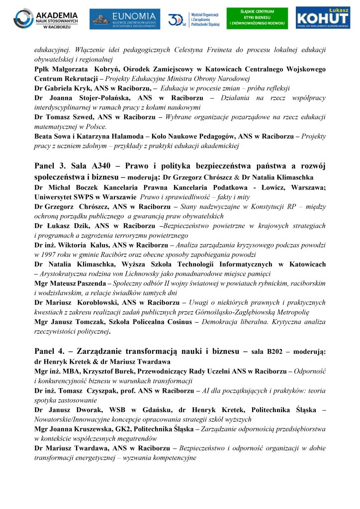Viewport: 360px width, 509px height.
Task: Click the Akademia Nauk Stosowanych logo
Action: (45, 19)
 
